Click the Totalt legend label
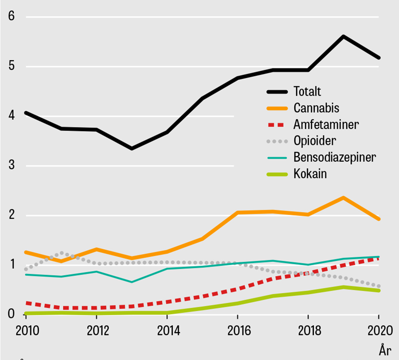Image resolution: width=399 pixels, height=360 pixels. [307, 92]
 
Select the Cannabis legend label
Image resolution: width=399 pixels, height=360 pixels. [316, 108]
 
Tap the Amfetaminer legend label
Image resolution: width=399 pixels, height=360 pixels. [326, 124]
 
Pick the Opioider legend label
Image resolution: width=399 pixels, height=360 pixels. [315, 141]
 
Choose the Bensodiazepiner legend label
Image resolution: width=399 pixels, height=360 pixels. [335, 157]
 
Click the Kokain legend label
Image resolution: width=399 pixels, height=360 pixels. [310, 174]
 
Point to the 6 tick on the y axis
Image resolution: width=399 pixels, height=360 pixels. [12, 16]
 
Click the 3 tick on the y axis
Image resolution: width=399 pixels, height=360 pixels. [12, 166]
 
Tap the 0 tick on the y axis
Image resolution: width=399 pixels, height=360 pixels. [12, 314]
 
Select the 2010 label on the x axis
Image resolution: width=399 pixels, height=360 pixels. [26, 331]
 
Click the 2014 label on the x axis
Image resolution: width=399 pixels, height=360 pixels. [167, 331]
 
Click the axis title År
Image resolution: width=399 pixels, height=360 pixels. [385, 351]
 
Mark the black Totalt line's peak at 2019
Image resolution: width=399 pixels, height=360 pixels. [343, 36]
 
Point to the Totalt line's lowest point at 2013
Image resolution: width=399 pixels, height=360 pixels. [132, 148]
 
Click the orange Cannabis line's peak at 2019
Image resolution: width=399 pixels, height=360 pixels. [343, 197]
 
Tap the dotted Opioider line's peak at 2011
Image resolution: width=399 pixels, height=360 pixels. [62, 253]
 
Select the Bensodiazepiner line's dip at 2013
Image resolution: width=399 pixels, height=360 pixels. [132, 282]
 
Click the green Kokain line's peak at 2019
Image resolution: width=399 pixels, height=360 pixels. [343, 287]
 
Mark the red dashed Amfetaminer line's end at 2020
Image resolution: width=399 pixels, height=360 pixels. [378, 259]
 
